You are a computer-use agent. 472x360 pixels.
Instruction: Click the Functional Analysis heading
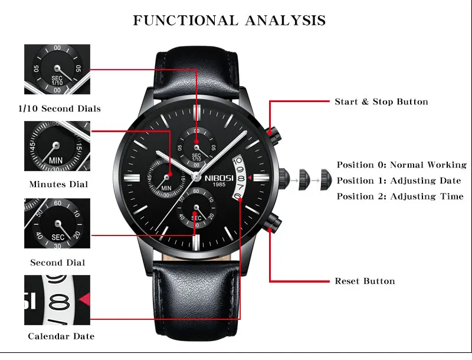(229, 20)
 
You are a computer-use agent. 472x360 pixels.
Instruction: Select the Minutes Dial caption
(58, 184)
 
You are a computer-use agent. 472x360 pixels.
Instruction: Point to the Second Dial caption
(58, 263)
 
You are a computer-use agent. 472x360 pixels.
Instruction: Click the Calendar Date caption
(61, 336)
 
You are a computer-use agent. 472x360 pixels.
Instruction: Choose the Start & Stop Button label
(381, 102)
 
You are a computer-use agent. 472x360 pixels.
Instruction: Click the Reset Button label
(365, 281)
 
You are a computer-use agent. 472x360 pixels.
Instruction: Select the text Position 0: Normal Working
(401, 165)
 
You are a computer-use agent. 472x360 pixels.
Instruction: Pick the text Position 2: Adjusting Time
(400, 197)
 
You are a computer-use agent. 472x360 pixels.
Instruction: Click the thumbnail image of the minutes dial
(57, 147)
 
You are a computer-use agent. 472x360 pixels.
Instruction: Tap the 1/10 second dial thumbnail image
(57, 69)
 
